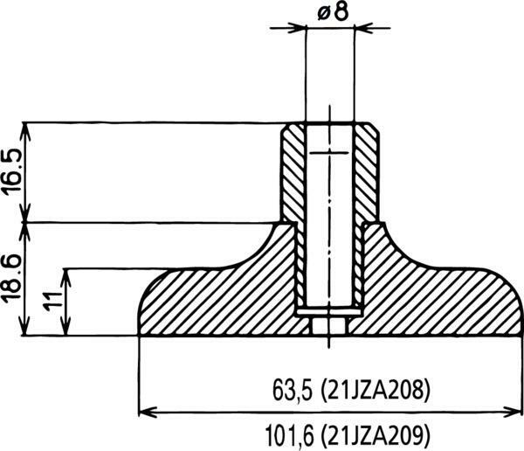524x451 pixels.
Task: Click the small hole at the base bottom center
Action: pos(330,325)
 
